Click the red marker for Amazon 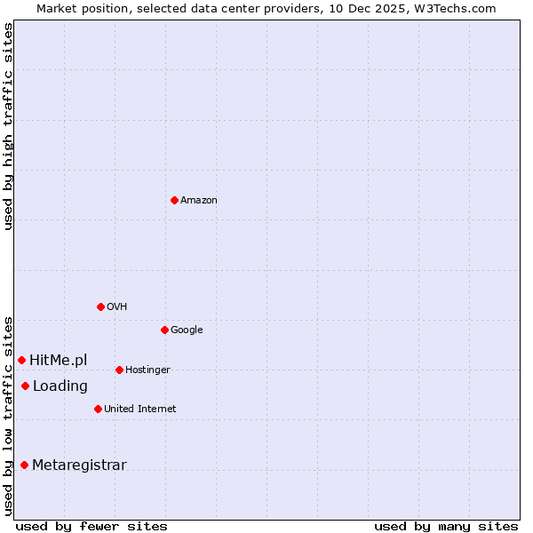[x=174, y=200]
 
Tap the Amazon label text [x=199, y=201]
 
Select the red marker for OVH [x=100, y=306]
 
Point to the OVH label [x=116, y=307]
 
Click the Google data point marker [x=164, y=330]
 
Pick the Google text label [x=187, y=330]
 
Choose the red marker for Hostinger [x=119, y=370]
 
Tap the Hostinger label [x=147, y=370]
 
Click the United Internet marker [x=98, y=409]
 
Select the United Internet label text [x=139, y=410]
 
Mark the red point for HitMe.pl [x=21, y=360]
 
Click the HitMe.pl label [x=59, y=360]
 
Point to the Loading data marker [x=25, y=386]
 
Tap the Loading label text [x=60, y=386]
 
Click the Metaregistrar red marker [x=24, y=465]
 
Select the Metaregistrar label [x=79, y=465]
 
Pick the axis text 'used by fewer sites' [x=91, y=526]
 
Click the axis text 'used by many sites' [x=446, y=526]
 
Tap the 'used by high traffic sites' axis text [x=8, y=126]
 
